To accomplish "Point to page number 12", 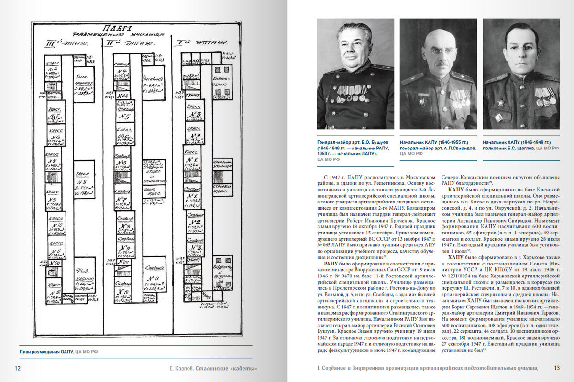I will [18, 368].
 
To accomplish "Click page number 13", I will [556, 368].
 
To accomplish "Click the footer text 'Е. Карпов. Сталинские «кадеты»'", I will [210, 368].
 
